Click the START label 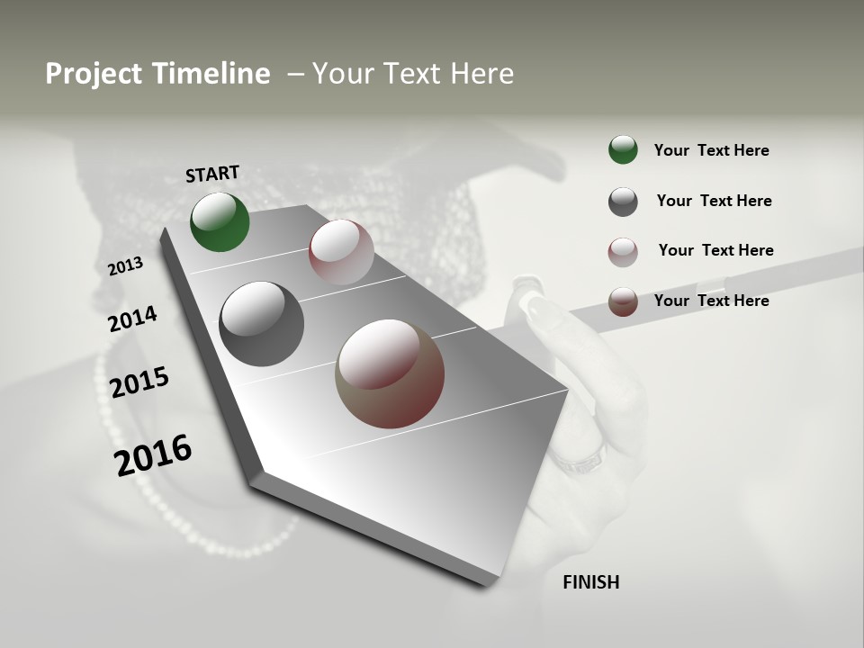[212, 174]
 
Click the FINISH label [591, 582]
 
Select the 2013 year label [126, 266]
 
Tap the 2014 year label [132, 319]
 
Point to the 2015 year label [139, 382]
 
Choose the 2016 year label [153, 455]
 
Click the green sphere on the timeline [220, 221]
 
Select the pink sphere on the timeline [341, 252]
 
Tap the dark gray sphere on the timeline [261, 324]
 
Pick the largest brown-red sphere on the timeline [390, 373]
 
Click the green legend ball [623, 149]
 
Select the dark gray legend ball [623, 202]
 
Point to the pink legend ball [623, 252]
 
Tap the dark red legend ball [623, 301]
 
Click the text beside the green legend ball [711, 150]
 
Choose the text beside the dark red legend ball [711, 301]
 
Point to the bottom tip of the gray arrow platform [487, 585]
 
